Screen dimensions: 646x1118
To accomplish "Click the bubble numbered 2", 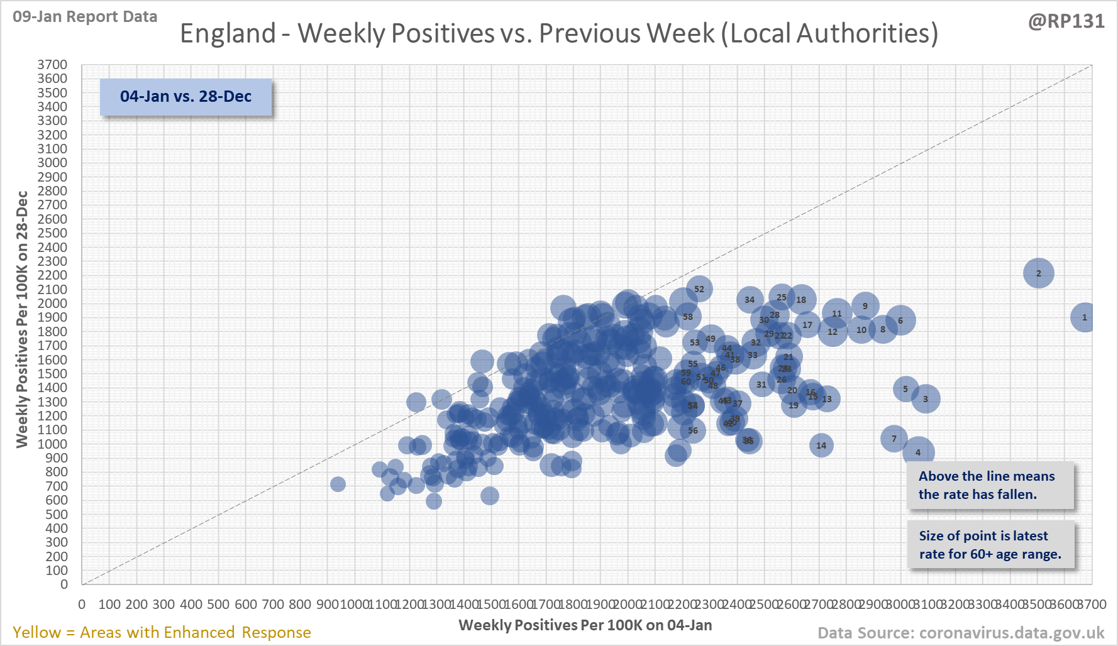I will [x=1038, y=273].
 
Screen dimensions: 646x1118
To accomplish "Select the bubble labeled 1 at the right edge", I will [x=1083, y=317].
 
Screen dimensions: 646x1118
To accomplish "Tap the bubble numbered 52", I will [x=699, y=289].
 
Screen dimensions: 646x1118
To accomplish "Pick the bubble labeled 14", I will [x=821, y=446].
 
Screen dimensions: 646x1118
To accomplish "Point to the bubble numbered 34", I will [x=750, y=300].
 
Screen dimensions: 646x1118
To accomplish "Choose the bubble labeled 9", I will [x=865, y=306].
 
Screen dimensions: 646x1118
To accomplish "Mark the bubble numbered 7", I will [x=894, y=439].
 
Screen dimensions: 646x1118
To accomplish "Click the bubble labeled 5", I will [x=905, y=389].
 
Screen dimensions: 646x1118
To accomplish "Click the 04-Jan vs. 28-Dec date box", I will [x=185, y=97].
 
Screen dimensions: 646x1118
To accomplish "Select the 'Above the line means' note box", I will [x=990, y=485].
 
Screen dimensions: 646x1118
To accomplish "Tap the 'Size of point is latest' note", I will [x=990, y=545].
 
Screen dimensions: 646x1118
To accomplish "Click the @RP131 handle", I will [x=1066, y=21].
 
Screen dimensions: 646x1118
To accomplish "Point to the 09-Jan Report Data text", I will [x=85, y=16].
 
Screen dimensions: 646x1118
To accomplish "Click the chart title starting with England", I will [x=558, y=33].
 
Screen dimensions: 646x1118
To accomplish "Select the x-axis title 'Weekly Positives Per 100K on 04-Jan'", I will [x=585, y=625].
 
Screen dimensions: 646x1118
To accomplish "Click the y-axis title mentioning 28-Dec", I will [x=22, y=319].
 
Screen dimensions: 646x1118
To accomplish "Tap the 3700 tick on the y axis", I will [x=52, y=65].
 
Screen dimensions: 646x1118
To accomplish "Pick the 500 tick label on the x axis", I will [x=218, y=605].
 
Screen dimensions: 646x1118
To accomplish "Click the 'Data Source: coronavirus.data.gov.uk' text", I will [x=961, y=632].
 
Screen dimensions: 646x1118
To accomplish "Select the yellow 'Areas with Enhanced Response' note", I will [x=162, y=632].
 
